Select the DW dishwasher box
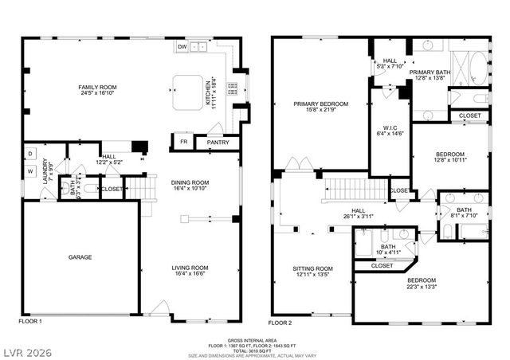point(182,47)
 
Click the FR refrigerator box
point(182,143)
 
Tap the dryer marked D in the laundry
point(29,153)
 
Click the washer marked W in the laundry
point(29,170)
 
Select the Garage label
point(79,257)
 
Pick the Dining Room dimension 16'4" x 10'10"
point(190,189)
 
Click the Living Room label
point(190,268)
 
